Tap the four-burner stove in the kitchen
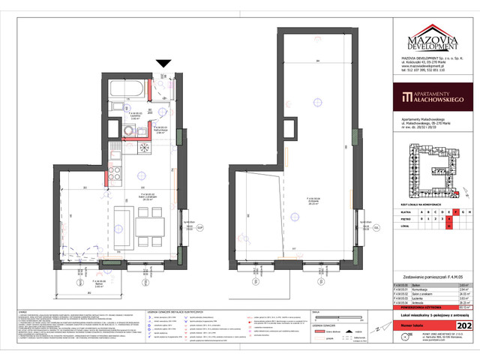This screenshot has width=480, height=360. coord(116,174)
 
